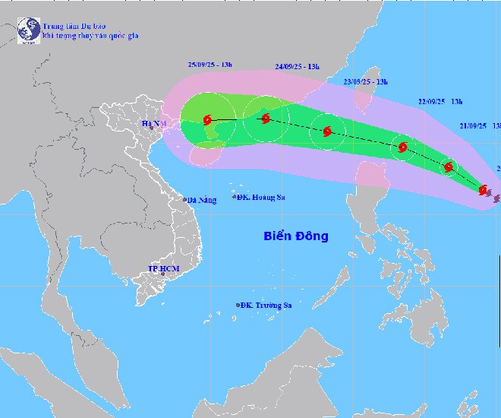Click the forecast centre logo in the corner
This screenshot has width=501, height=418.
(29, 30)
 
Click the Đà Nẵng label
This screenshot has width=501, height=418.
(203, 201)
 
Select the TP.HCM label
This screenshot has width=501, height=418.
(162, 269)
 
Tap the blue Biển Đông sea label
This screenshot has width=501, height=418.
(297, 236)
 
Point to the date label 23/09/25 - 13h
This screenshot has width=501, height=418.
(366, 81)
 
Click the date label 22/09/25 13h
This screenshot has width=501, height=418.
(441, 100)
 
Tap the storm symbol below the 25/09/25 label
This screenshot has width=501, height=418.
(208, 119)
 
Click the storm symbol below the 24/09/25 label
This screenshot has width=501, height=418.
(265, 119)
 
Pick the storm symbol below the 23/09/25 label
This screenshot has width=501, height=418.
(327, 131)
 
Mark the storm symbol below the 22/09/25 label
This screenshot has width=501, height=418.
(402, 147)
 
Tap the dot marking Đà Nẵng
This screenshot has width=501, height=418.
(184, 201)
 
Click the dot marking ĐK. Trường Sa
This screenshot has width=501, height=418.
(238, 306)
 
